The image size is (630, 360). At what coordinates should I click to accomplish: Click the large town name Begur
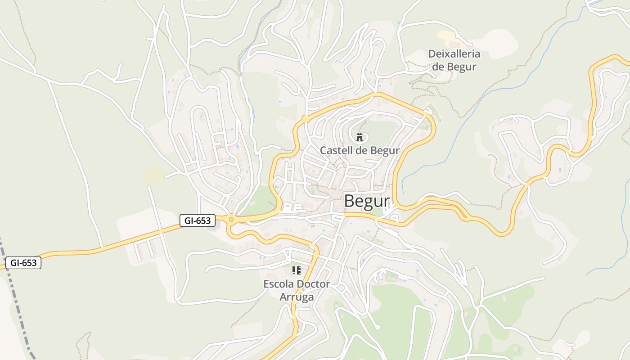tap(367, 202)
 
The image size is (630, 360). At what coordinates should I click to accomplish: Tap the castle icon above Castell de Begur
tap(360, 137)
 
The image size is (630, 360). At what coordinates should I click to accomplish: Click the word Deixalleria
tap(454, 54)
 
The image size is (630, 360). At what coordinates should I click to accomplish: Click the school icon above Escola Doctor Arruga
tap(297, 270)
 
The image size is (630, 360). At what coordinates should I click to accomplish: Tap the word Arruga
tap(297, 297)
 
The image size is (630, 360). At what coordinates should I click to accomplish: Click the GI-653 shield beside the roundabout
tap(197, 220)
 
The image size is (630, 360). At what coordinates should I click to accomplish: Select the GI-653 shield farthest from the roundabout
tap(23, 263)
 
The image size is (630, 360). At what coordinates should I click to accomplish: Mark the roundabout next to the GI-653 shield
tap(231, 220)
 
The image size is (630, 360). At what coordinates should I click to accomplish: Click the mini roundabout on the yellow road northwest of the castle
tap(306, 119)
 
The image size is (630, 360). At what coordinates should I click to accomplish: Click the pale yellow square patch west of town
tap(153, 175)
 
